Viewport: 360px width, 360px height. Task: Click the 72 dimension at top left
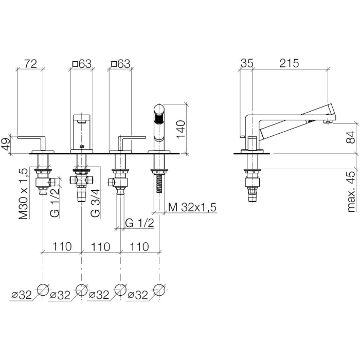pyautogui.click(x=30, y=64)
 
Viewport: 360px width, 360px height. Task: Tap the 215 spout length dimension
pyautogui.click(x=289, y=63)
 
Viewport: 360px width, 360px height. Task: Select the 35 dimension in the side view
pyautogui.click(x=247, y=63)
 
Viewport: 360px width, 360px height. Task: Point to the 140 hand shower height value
pyautogui.click(x=181, y=129)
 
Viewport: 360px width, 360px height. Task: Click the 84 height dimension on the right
pyautogui.click(x=351, y=137)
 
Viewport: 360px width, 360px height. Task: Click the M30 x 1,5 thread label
pyautogui.click(x=23, y=194)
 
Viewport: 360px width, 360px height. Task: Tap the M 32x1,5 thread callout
pyautogui.click(x=192, y=207)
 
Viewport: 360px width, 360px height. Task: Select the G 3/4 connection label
pyautogui.click(x=95, y=203)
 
